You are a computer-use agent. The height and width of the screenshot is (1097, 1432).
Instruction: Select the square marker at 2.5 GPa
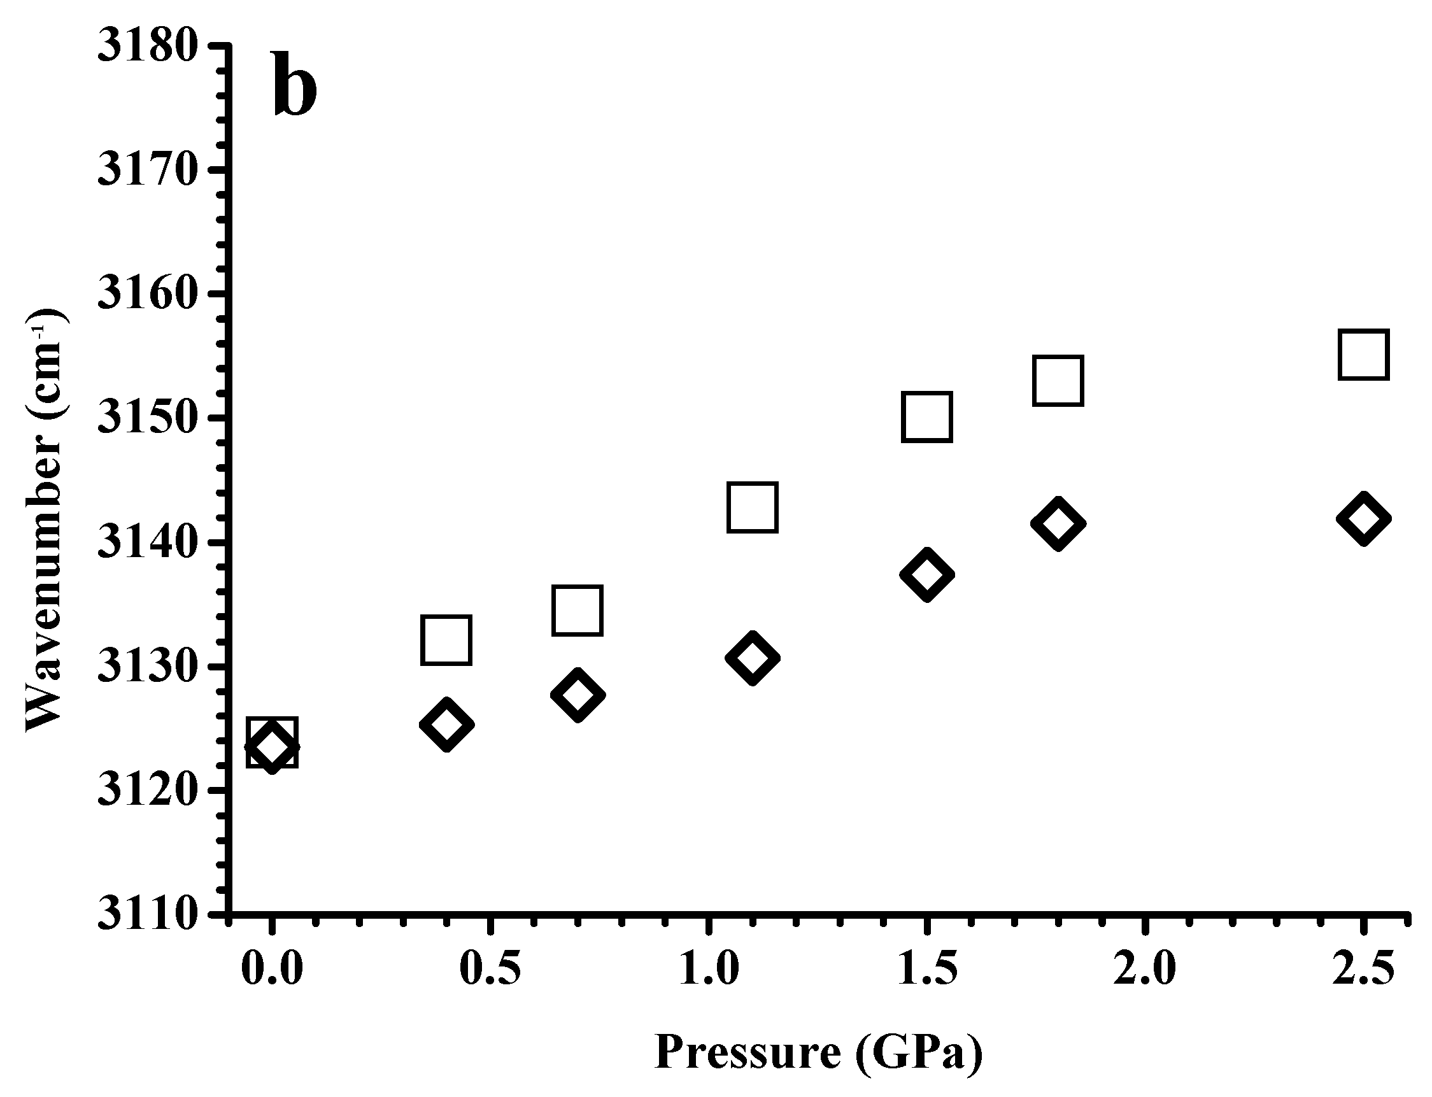[x=1363, y=355]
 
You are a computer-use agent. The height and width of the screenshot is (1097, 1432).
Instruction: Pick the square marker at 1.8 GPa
[x=1058, y=381]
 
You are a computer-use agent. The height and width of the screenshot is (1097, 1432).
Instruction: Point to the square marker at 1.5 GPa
[x=926, y=416]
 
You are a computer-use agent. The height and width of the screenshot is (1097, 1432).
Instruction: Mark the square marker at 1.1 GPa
[x=751, y=507]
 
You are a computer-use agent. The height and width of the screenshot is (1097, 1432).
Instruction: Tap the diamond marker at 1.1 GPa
[x=751, y=657]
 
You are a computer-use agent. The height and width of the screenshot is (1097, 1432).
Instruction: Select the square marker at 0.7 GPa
[x=577, y=610]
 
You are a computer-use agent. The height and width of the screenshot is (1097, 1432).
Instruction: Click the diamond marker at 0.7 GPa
[x=577, y=694]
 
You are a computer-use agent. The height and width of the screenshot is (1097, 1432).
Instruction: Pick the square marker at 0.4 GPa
[x=446, y=639]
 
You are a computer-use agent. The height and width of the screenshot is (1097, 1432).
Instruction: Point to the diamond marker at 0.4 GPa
[x=446, y=724]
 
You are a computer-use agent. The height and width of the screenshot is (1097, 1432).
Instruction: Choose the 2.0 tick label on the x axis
[x=1144, y=968]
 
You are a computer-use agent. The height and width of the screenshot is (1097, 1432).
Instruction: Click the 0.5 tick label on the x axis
[x=490, y=968]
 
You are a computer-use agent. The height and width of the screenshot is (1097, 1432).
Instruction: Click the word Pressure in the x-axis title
[x=747, y=1052]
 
